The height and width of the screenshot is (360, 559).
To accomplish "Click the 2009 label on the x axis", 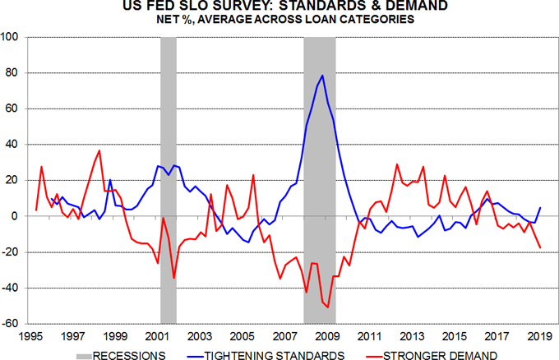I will click(x=325, y=336).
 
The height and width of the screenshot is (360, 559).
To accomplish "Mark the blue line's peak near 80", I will click(x=322, y=76).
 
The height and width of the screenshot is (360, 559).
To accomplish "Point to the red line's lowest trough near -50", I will click(x=327, y=307).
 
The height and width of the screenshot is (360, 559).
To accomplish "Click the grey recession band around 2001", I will click(x=169, y=181).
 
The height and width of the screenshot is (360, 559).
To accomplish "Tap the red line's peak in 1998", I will click(x=99, y=150).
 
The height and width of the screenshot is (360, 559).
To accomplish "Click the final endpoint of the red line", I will click(x=540, y=247).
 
